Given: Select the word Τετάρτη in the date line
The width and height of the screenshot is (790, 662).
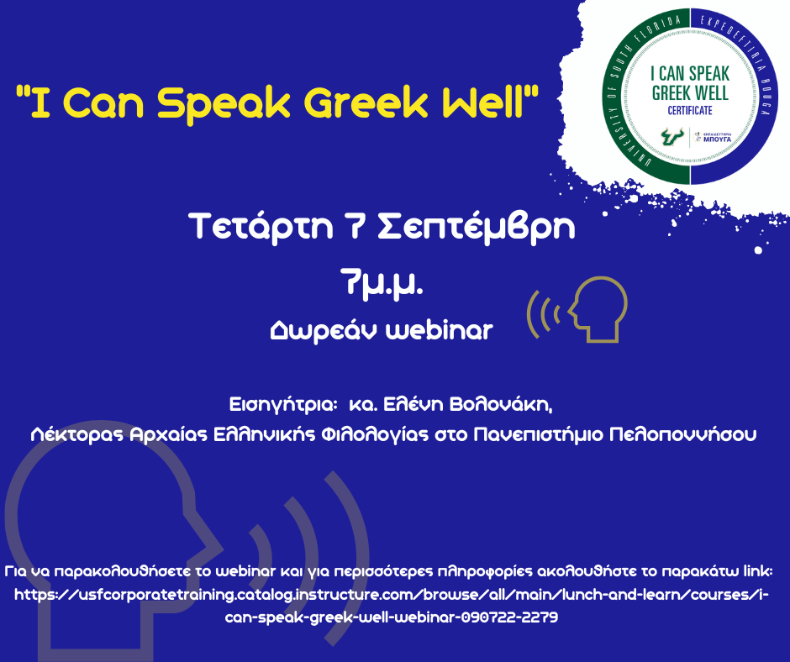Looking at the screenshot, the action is click(261, 227).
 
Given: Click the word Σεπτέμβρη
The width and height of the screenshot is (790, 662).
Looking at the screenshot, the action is click(477, 228).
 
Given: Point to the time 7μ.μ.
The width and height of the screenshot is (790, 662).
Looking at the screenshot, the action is click(382, 285).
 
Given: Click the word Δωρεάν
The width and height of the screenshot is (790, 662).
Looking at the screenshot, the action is click(324, 331).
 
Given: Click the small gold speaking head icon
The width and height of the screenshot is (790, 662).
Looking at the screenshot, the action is click(577, 309).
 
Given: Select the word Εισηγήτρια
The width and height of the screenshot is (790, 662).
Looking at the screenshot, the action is click(283, 405).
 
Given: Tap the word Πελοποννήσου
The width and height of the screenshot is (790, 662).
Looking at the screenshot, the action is click(682, 434).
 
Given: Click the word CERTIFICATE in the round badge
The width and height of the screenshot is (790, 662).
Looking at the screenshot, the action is click(690, 110).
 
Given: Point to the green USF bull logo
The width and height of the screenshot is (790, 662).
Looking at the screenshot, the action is click(671, 136).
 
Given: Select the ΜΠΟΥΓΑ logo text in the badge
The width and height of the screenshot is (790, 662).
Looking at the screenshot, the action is click(717, 139).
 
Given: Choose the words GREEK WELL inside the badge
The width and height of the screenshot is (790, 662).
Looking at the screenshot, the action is click(690, 93).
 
